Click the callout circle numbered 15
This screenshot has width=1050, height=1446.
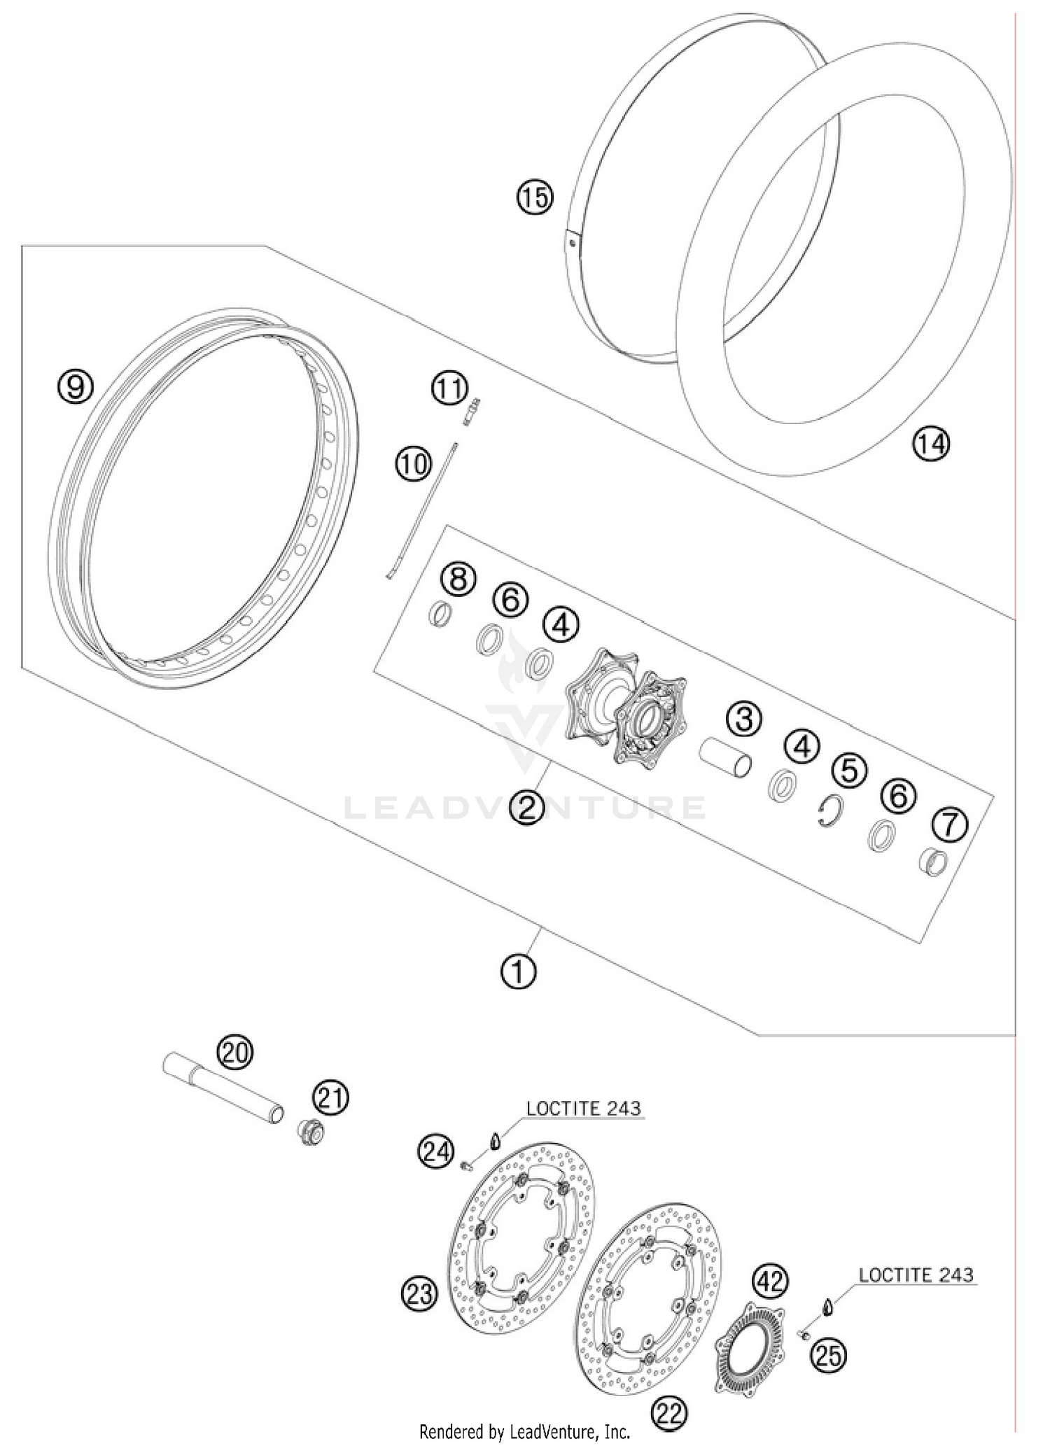tap(535, 198)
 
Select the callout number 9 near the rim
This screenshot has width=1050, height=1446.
tap(76, 386)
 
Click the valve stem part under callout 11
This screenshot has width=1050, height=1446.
tap(470, 413)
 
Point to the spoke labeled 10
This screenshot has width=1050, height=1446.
tap(421, 511)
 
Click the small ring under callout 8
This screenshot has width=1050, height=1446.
tap(440, 615)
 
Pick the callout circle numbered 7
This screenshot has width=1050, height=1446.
tap(950, 824)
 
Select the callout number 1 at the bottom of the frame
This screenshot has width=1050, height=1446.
tap(519, 971)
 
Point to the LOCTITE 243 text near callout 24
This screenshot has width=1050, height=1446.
tap(583, 1109)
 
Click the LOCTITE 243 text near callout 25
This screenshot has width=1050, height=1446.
tap(916, 1275)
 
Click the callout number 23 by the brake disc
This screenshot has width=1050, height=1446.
tap(419, 1293)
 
